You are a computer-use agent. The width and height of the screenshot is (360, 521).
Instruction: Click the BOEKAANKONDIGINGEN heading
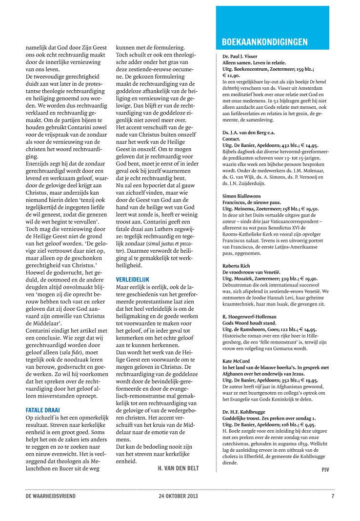pyautogui.click(x=264, y=42)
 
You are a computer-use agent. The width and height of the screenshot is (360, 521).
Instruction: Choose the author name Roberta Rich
pyautogui.click(x=237, y=266)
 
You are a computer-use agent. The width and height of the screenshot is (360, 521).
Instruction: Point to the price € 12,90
pyautogui.click(x=231, y=76)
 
